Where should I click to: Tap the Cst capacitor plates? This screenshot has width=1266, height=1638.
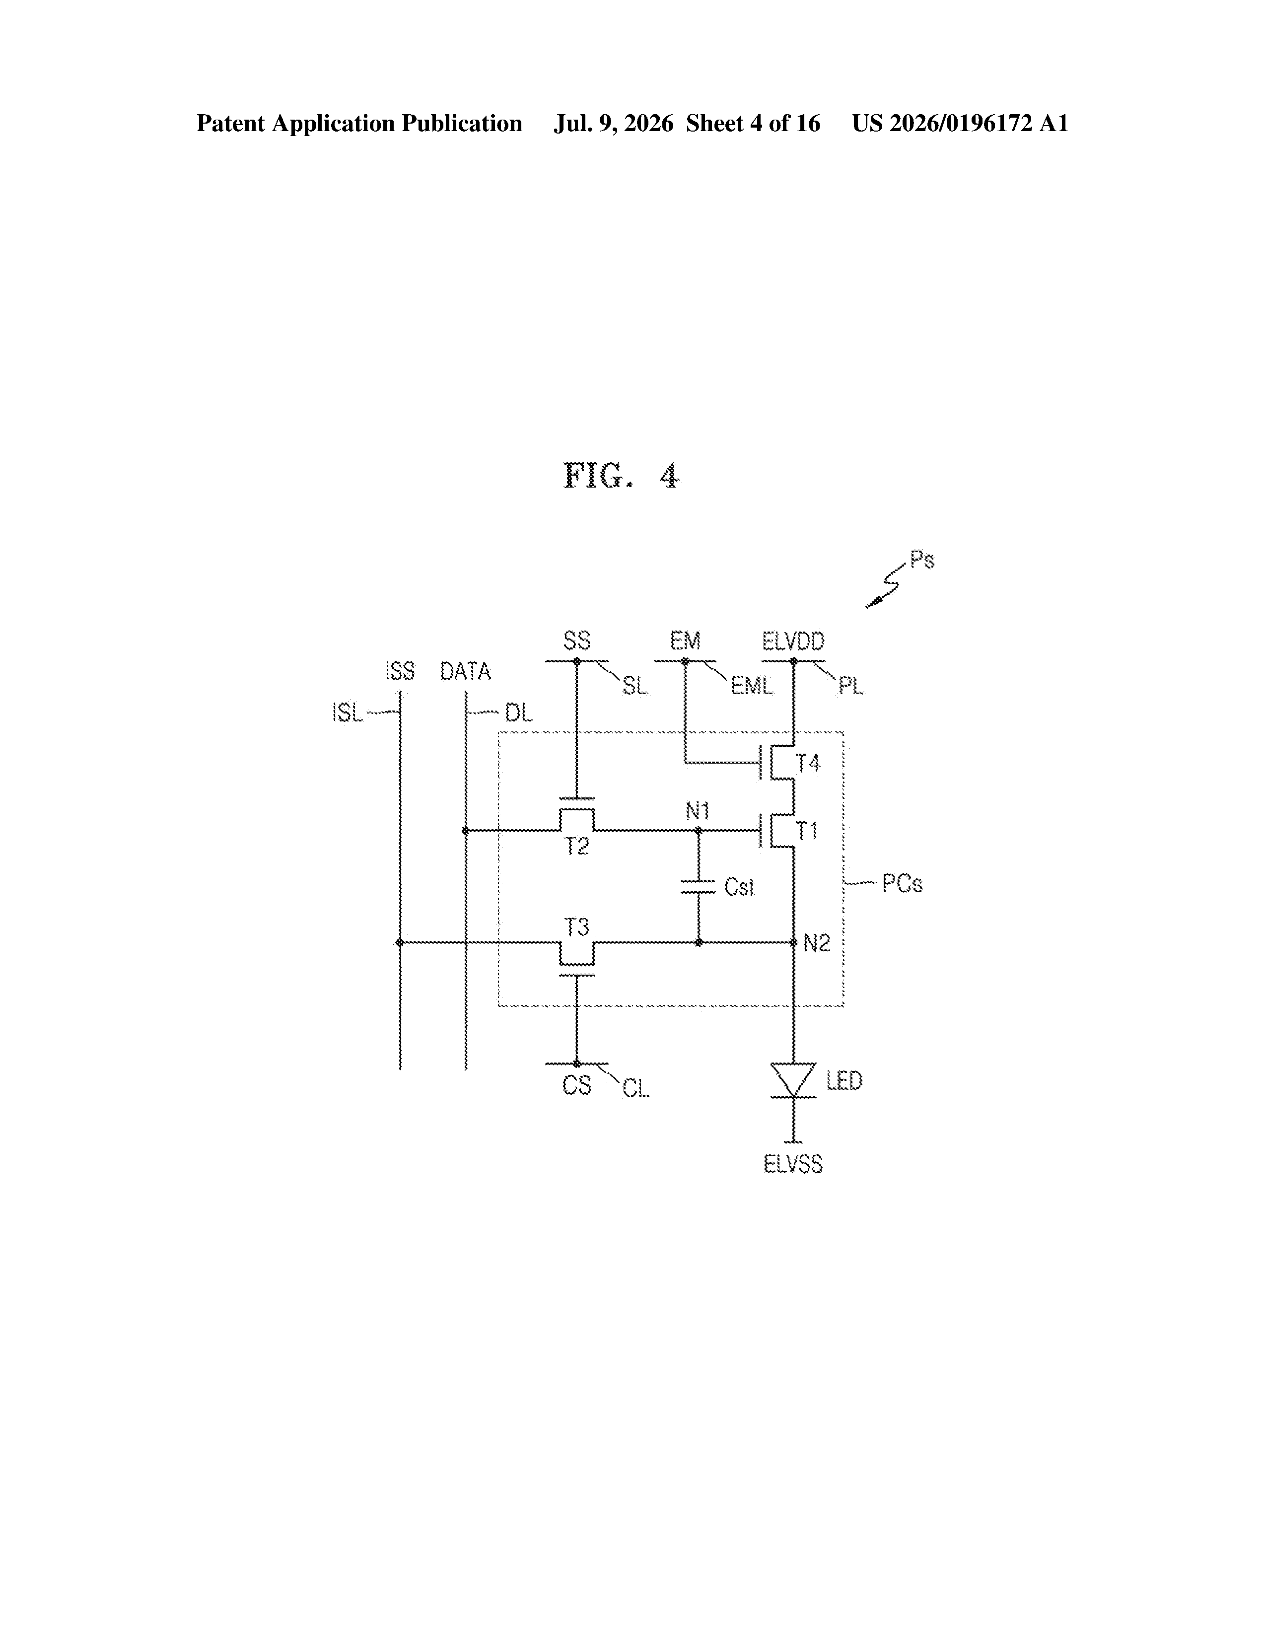[698, 886]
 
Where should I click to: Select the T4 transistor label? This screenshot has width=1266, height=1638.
[808, 764]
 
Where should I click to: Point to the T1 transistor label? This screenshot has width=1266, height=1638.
[807, 831]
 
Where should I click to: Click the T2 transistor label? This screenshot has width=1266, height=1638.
[577, 847]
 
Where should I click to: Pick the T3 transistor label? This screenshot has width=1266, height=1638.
[577, 928]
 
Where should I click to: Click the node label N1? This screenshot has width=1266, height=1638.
[698, 811]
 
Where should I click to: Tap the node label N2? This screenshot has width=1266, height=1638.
[817, 943]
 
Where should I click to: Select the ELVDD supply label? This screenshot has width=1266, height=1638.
[793, 641]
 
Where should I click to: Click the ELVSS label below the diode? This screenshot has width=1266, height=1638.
[793, 1164]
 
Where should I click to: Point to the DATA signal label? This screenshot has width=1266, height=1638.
[465, 671]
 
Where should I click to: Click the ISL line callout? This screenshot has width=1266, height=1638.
[347, 712]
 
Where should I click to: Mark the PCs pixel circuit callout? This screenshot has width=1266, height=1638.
[902, 883]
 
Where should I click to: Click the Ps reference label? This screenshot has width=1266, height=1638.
[922, 560]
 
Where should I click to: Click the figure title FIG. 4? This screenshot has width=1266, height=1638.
[621, 476]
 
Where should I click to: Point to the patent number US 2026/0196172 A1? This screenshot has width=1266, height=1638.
[960, 123]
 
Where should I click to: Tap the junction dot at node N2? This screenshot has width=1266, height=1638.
[793, 943]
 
